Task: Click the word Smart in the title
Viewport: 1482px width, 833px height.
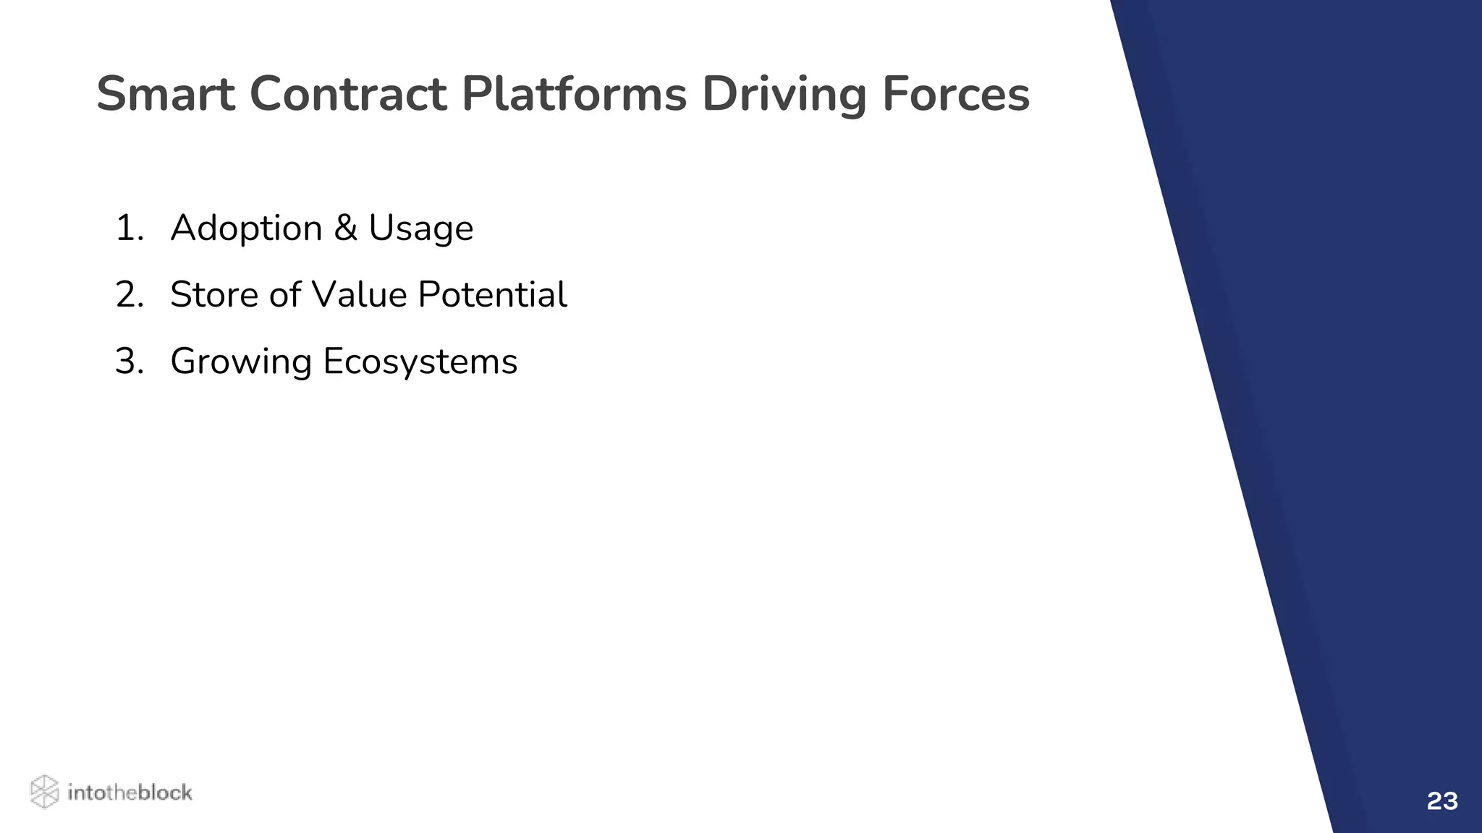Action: click(x=166, y=95)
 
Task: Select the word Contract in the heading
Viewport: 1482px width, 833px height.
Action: click(x=349, y=95)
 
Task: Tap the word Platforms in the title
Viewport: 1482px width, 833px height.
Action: click(x=574, y=95)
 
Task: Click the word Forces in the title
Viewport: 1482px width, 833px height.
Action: click(x=955, y=95)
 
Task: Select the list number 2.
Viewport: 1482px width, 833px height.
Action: click(x=130, y=295)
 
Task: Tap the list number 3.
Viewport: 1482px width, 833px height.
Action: click(x=130, y=362)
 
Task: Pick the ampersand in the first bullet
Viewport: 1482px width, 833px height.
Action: click(x=345, y=228)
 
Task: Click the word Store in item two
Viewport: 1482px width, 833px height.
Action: click(x=214, y=295)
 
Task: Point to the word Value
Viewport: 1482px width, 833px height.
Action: click(x=359, y=295)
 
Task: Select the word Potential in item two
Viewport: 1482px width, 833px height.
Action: click(x=492, y=295)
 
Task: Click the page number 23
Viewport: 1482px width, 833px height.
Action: click(x=1441, y=801)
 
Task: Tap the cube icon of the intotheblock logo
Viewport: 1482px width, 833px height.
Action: click(x=44, y=792)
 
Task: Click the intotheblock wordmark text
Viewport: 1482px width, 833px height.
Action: click(x=130, y=793)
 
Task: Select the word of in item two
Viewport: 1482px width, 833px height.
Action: click(x=284, y=295)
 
